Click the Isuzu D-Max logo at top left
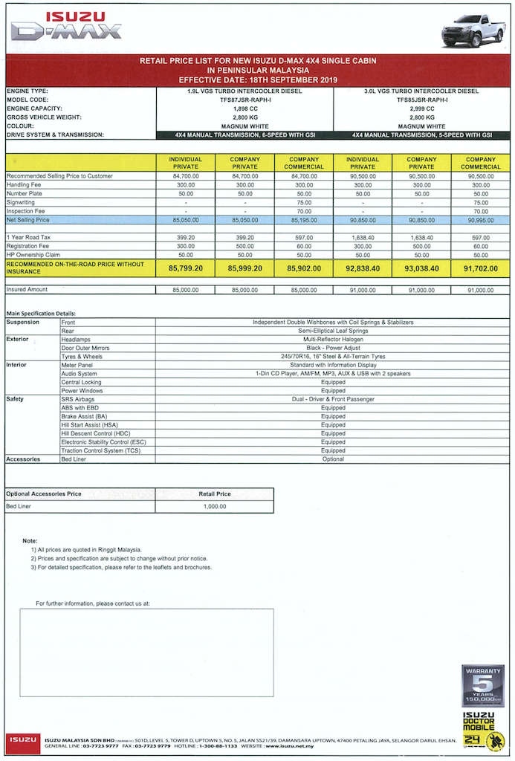coord(65,27)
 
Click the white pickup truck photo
coord(473,30)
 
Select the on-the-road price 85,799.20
coord(186,268)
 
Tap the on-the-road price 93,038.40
coord(421,268)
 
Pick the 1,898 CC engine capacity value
coord(244,109)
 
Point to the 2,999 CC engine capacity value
coord(421,109)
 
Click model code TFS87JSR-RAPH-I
coord(244,100)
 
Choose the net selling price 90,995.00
coord(480,220)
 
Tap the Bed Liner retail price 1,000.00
coord(214,506)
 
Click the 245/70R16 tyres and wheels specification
coord(333,356)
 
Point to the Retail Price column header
coord(214,493)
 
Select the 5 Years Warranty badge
coord(482,685)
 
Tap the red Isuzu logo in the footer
coord(22,740)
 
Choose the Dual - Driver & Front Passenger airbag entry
coord(333,399)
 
